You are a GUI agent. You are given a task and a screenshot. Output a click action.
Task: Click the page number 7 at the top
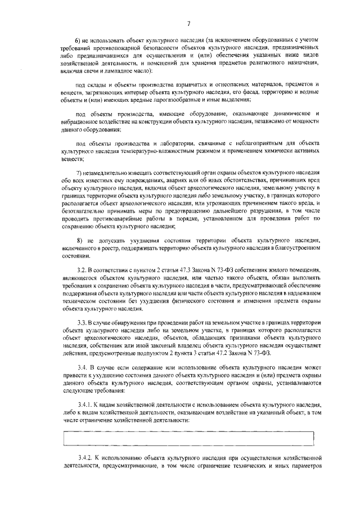pyautogui.click(x=189, y=23)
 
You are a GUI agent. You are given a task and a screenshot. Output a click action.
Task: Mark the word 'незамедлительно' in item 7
pyautogui.click(x=108, y=172)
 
